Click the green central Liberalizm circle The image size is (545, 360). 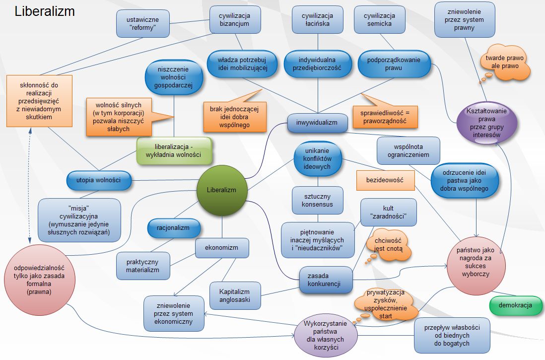click(222, 190)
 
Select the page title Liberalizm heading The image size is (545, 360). click(45, 11)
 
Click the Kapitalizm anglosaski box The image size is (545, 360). click(234, 295)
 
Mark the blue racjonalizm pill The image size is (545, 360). click(174, 229)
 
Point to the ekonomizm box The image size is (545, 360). click(221, 247)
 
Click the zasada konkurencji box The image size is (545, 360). click(326, 280)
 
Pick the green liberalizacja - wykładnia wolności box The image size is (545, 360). click(174, 150)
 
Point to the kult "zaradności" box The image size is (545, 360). click(388, 212)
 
